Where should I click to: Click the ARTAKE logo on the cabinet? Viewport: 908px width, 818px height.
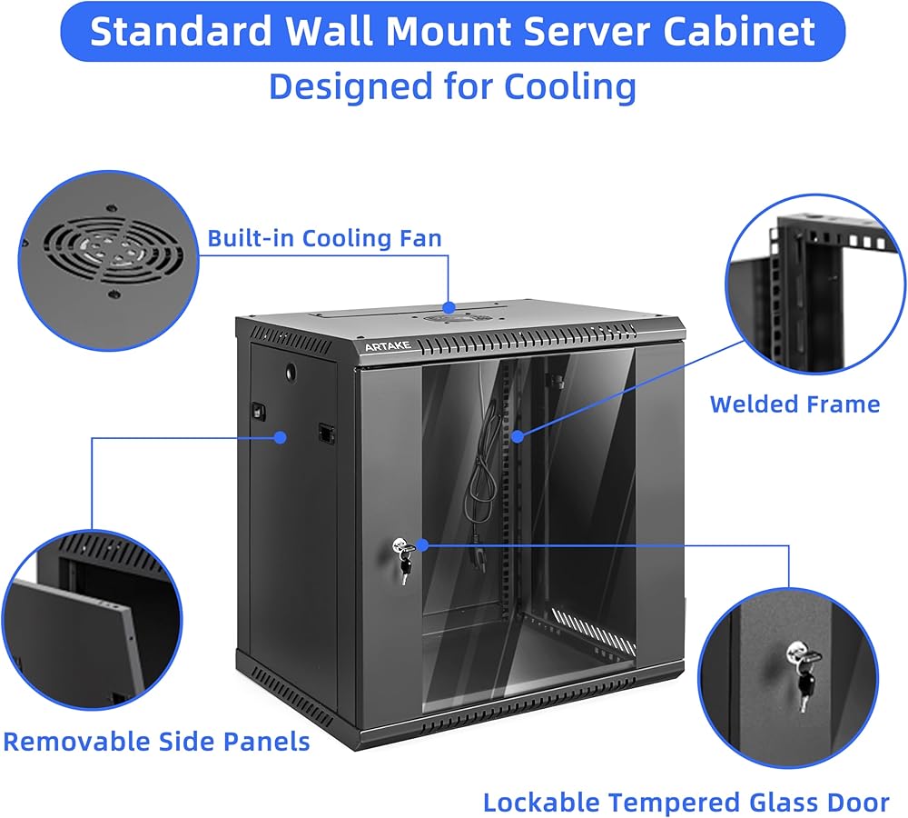(388, 346)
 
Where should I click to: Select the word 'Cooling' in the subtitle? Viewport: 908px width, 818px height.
(570, 87)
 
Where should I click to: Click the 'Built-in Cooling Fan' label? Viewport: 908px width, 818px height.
(324, 238)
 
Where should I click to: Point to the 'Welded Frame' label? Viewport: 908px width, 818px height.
(794, 404)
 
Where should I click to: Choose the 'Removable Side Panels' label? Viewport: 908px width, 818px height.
(156, 742)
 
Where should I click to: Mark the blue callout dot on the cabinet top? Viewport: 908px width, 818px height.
(449, 307)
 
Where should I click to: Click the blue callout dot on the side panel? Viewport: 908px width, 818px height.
(281, 437)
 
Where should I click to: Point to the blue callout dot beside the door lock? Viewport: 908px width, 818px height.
(422, 545)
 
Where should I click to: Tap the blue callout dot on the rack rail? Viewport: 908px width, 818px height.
(518, 436)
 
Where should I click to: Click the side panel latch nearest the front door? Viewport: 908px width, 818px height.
(327, 434)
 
